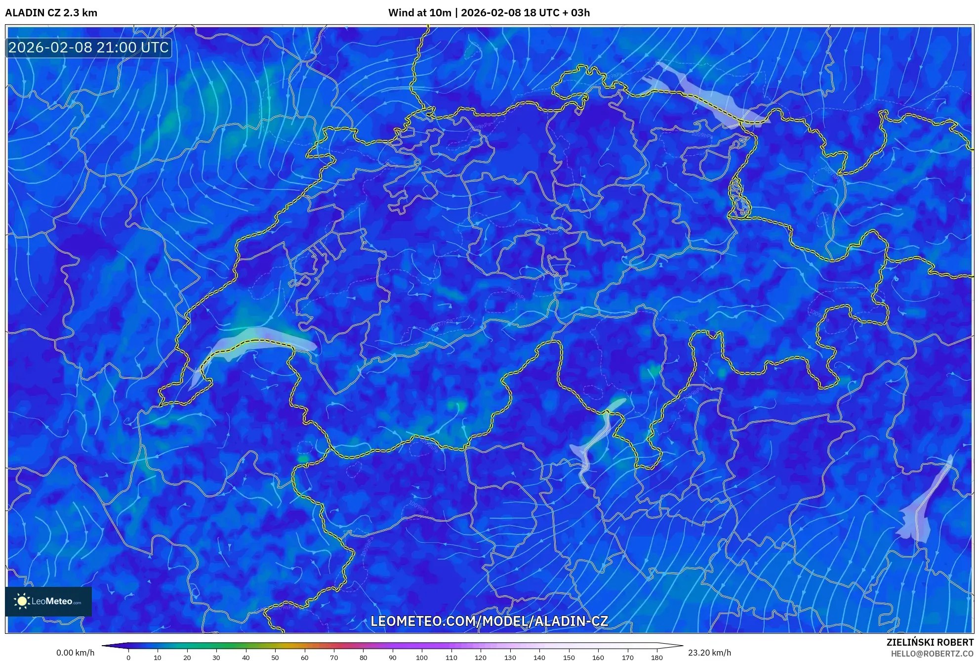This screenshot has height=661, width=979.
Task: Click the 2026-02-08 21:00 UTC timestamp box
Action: [x=88, y=47]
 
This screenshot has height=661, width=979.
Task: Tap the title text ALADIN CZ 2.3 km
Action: [x=51, y=13]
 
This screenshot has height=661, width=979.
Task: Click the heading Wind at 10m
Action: [x=419, y=13]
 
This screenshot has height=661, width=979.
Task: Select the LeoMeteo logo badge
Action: [x=48, y=601]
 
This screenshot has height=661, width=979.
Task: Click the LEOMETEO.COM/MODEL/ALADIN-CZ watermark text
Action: [x=489, y=621]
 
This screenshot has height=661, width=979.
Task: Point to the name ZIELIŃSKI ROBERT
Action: [x=930, y=642]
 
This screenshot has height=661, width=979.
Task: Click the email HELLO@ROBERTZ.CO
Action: [x=932, y=654]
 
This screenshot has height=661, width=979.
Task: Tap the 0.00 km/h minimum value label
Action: [x=75, y=653]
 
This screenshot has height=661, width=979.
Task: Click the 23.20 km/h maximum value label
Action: [x=709, y=653]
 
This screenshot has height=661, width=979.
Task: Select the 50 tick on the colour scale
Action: [x=275, y=657]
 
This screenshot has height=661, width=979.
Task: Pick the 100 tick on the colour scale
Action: [x=421, y=657]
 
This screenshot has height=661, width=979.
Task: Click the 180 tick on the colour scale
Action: [x=656, y=657]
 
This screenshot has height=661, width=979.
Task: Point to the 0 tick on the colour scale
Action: [x=128, y=657]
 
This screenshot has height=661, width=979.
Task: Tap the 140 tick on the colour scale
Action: [x=539, y=657]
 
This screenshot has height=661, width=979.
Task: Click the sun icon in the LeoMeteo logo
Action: [x=22, y=601]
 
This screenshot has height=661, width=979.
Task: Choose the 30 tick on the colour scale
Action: [x=216, y=657]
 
